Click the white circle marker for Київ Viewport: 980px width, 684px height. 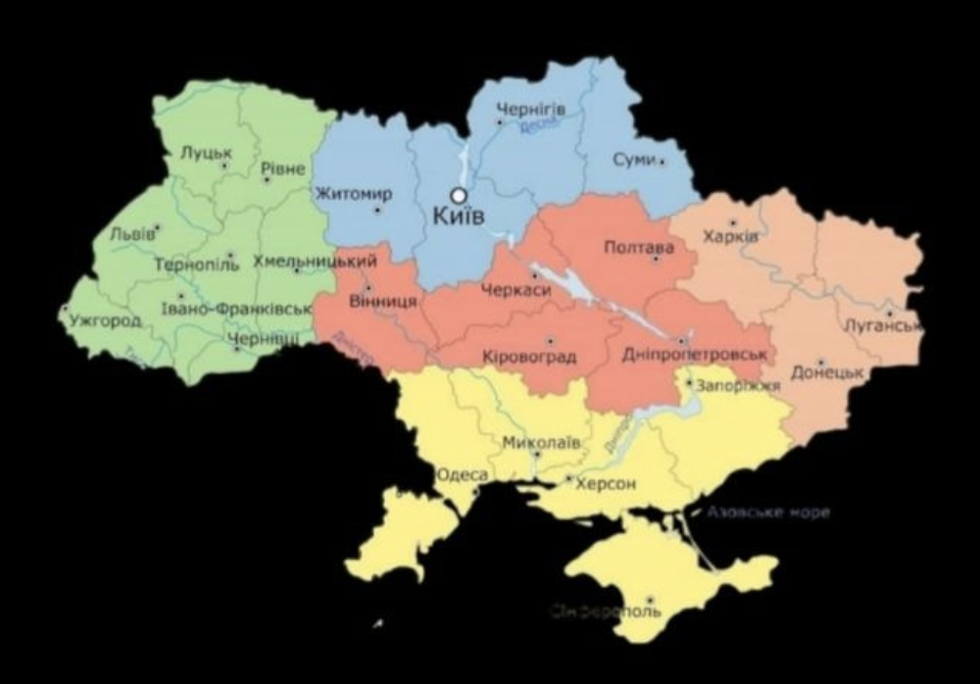[458, 195]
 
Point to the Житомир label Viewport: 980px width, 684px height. [354, 194]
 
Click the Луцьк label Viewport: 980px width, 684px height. [206, 152]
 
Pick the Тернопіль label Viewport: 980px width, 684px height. [196, 265]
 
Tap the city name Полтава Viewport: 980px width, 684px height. [639, 247]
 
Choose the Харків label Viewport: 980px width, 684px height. [730, 237]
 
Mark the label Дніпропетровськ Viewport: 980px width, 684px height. [693, 354]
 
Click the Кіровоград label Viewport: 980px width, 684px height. [529, 356]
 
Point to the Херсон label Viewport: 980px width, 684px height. [607, 483]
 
